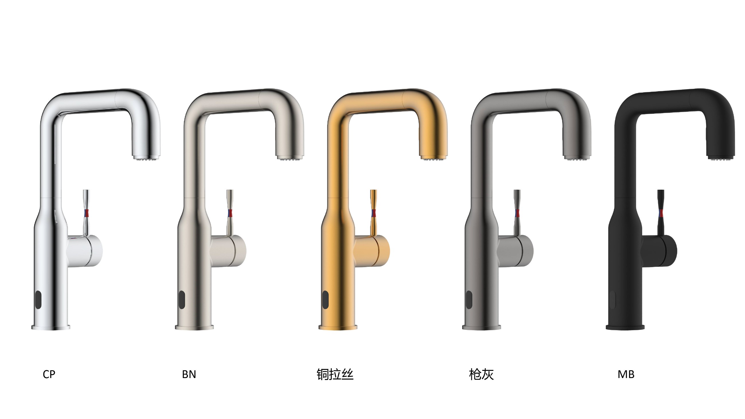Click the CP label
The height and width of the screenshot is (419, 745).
pyautogui.click(x=49, y=374)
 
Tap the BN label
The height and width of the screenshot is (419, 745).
pyautogui.click(x=189, y=374)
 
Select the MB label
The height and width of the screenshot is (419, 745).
pyautogui.click(x=626, y=374)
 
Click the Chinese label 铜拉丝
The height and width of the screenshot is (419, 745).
pyautogui.click(x=335, y=374)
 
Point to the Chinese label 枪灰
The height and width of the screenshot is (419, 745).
pyautogui.click(x=481, y=374)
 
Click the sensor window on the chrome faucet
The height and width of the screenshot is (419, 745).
pyautogui.click(x=38, y=299)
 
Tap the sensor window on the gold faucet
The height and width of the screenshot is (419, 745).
pyautogui.click(x=325, y=299)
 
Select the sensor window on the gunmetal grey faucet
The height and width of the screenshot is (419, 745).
pyautogui.click(x=469, y=299)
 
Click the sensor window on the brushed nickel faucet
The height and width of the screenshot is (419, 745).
pyautogui.click(x=181, y=299)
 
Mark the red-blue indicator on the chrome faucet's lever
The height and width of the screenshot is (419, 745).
pyautogui.click(x=86, y=213)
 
